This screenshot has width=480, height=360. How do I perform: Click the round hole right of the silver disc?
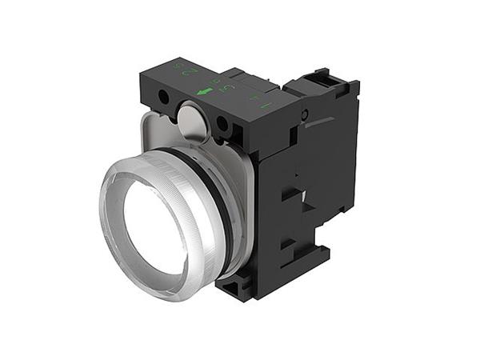coord(222,124)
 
